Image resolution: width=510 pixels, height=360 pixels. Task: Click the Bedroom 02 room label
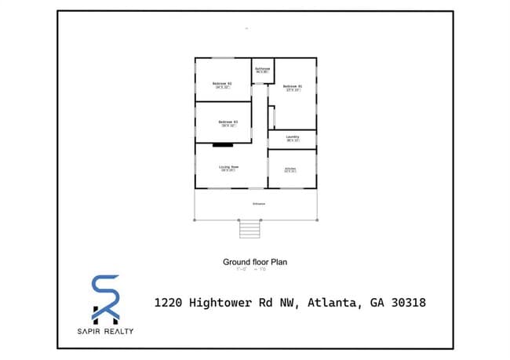tap(222, 83)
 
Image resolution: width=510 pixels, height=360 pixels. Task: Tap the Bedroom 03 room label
tap(228, 122)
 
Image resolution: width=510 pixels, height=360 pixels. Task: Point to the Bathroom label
tap(262, 69)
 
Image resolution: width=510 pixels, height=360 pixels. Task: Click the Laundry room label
tap(293, 137)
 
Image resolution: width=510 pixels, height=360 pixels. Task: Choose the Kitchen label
tap(290, 169)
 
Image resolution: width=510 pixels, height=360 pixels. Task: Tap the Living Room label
tap(229, 167)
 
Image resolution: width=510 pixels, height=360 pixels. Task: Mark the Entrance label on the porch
tap(258, 204)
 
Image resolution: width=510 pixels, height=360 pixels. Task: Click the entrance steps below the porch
tap(249, 228)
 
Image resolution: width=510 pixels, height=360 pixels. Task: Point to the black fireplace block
tap(223, 145)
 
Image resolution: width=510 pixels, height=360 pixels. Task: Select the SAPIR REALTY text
tap(105, 330)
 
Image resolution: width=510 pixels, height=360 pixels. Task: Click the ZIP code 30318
tap(405, 302)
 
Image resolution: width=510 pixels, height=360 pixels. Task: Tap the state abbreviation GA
tap(373, 302)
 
